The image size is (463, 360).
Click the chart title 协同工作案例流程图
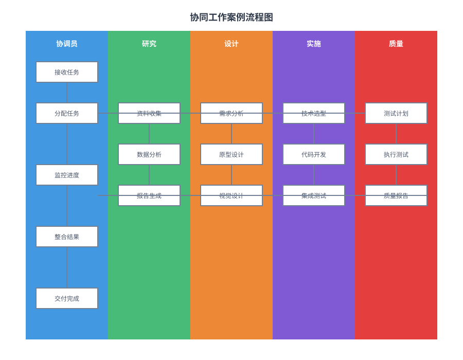tap(232, 17)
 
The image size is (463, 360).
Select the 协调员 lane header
tap(67, 44)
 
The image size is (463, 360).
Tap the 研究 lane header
tap(149, 44)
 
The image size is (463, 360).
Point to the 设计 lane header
tap(232, 44)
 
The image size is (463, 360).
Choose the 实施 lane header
tap(314, 44)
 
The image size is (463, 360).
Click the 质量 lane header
tap(396, 44)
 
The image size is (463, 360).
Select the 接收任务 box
tap(67, 72)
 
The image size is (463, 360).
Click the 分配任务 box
tap(67, 113)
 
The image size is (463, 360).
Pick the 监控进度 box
tap(67, 175)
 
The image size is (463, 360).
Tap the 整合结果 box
tap(67, 237)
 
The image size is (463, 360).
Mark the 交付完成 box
tap(67, 298)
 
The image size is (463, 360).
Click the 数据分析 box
tap(149, 154)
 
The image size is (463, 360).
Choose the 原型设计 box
tap(232, 154)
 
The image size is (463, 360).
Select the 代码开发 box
tap(314, 154)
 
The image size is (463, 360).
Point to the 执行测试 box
tap(396, 154)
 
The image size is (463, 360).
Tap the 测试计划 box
tap(396, 113)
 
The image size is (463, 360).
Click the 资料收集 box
tap(149, 113)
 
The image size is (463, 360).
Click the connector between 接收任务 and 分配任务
tap(67, 93)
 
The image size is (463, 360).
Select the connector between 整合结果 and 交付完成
tap(67, 267)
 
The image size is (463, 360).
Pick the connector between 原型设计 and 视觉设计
tap(232, 175)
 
